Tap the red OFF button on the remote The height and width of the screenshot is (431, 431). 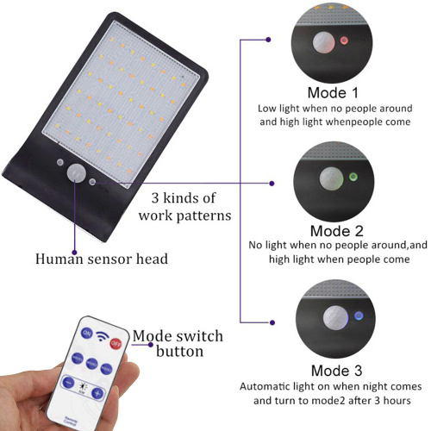click(116, 343)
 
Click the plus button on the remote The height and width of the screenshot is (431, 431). click(97, 393)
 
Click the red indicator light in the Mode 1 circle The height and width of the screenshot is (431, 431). click(344, 41)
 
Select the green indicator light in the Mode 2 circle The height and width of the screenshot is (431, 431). click(353, 177)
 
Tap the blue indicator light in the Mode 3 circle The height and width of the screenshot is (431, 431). click(359, 315)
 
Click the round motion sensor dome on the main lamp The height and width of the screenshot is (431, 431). click(77, 172)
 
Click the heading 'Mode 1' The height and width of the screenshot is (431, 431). click(333, 93)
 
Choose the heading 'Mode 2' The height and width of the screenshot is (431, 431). click(337, 231)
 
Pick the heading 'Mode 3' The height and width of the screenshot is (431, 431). click(336, 371)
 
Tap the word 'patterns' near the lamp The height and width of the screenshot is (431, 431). click(203, 215)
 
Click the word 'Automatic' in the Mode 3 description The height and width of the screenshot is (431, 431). click(264, 386)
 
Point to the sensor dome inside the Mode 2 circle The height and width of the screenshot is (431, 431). click(331, 178)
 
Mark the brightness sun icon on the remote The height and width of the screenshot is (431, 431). click(83, 387)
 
